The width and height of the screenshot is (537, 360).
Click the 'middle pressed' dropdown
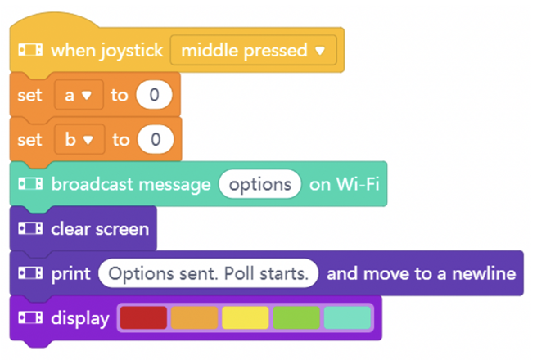click(254, 50)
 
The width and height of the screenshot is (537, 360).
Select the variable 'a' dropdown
click(79, 95)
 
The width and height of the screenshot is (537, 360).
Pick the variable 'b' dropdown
click(79, 140)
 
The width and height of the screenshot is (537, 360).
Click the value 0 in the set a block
click(154, 95)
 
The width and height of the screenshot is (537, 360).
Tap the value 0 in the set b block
click(156, 140)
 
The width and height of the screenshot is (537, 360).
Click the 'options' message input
click(260, 184)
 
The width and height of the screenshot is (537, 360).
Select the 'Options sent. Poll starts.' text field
click(208, 273)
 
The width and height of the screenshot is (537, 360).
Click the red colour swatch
click(143, 318)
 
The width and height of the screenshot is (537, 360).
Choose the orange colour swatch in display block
click(194, 318)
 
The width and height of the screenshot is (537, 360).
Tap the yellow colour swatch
click(246, 318)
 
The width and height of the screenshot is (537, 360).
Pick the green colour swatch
click(296, 318)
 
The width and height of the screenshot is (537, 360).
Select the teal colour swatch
click(347, 318)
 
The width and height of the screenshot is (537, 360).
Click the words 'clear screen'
click(100, 229)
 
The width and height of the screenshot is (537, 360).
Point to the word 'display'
click(80, 319)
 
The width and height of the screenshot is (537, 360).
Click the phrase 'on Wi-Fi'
click(345, 184)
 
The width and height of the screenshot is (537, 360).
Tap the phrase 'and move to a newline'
click(422, 273)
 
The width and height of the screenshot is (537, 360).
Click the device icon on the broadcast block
click(30, 184)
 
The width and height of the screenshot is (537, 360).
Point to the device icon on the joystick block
click(30, 50)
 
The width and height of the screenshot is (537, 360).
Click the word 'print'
click(71, 274)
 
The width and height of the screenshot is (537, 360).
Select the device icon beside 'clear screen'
click(30, 228)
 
